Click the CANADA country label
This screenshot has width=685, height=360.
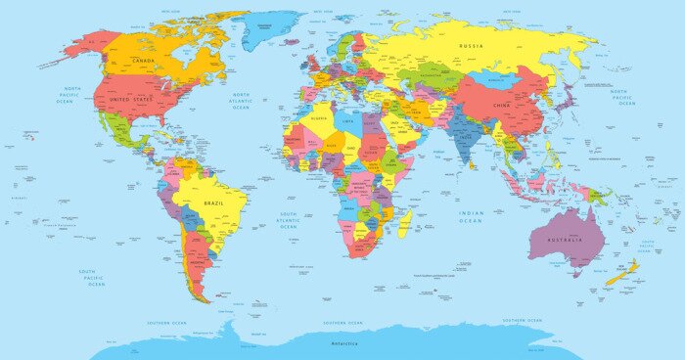[x=144, y=61]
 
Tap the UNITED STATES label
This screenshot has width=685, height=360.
[x=133, y=100]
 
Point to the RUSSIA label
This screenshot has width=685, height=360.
[x=473, y=45]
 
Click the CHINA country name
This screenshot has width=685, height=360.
[x=501, y=104]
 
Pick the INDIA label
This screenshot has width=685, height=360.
[x=466, y=136]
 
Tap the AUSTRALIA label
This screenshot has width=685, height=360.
[x=565, y=240]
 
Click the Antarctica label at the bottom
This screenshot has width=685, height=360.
[x=343, y=343]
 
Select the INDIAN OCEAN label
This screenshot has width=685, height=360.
[x=472, y=217]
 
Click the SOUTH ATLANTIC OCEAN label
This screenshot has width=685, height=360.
[x=289, y=220]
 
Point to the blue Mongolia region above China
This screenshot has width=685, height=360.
[x=495, y=79]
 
